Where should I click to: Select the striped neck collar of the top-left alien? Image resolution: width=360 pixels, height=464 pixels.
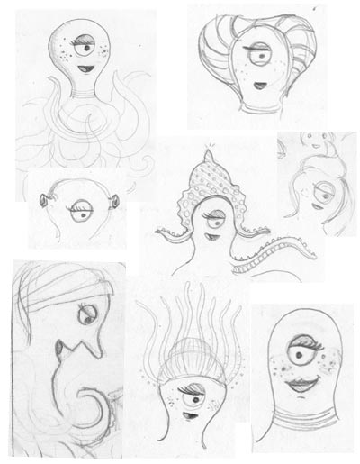78,91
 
